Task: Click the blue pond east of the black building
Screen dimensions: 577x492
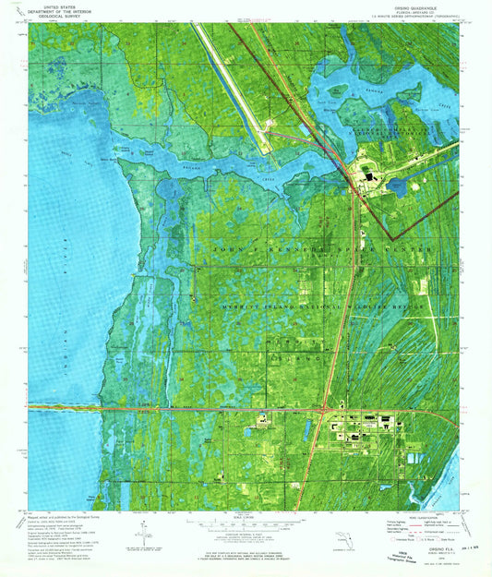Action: click(398, 187)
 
